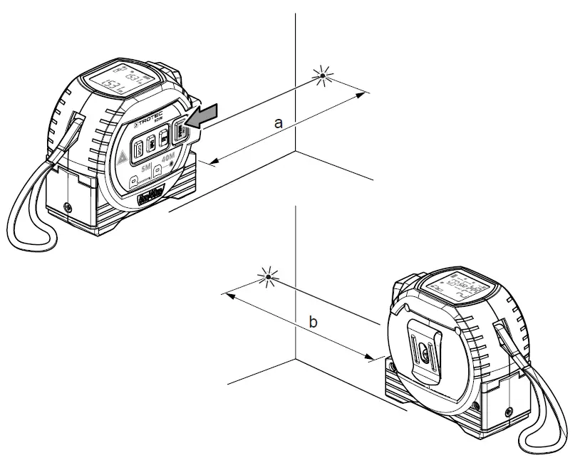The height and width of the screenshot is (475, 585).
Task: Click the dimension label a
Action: pos(279,123)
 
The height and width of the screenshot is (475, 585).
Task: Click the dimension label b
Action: pos(313,323)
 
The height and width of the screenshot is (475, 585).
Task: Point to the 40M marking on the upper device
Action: pos(169,162)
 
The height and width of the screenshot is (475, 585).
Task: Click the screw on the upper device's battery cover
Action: pos(68,207)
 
